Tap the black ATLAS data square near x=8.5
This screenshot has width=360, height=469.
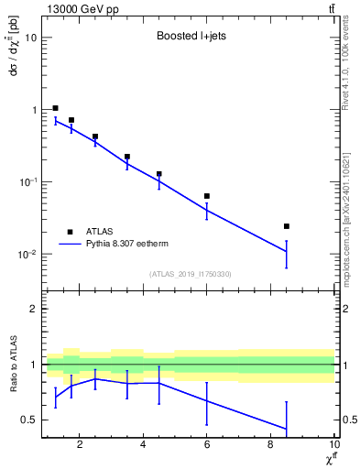point(287,226)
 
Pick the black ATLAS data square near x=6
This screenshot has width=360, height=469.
point(207,196)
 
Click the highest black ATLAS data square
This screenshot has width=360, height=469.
point(56,108)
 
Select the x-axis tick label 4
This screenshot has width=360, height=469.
point(143,445)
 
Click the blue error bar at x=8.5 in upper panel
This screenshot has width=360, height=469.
point(287,254)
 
